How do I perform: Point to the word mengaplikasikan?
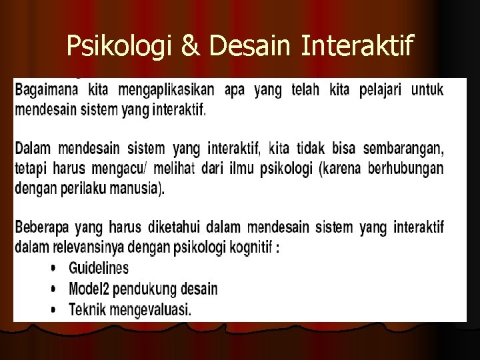[x=165, y=91]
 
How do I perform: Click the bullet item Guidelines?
[x=99, y=267]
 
